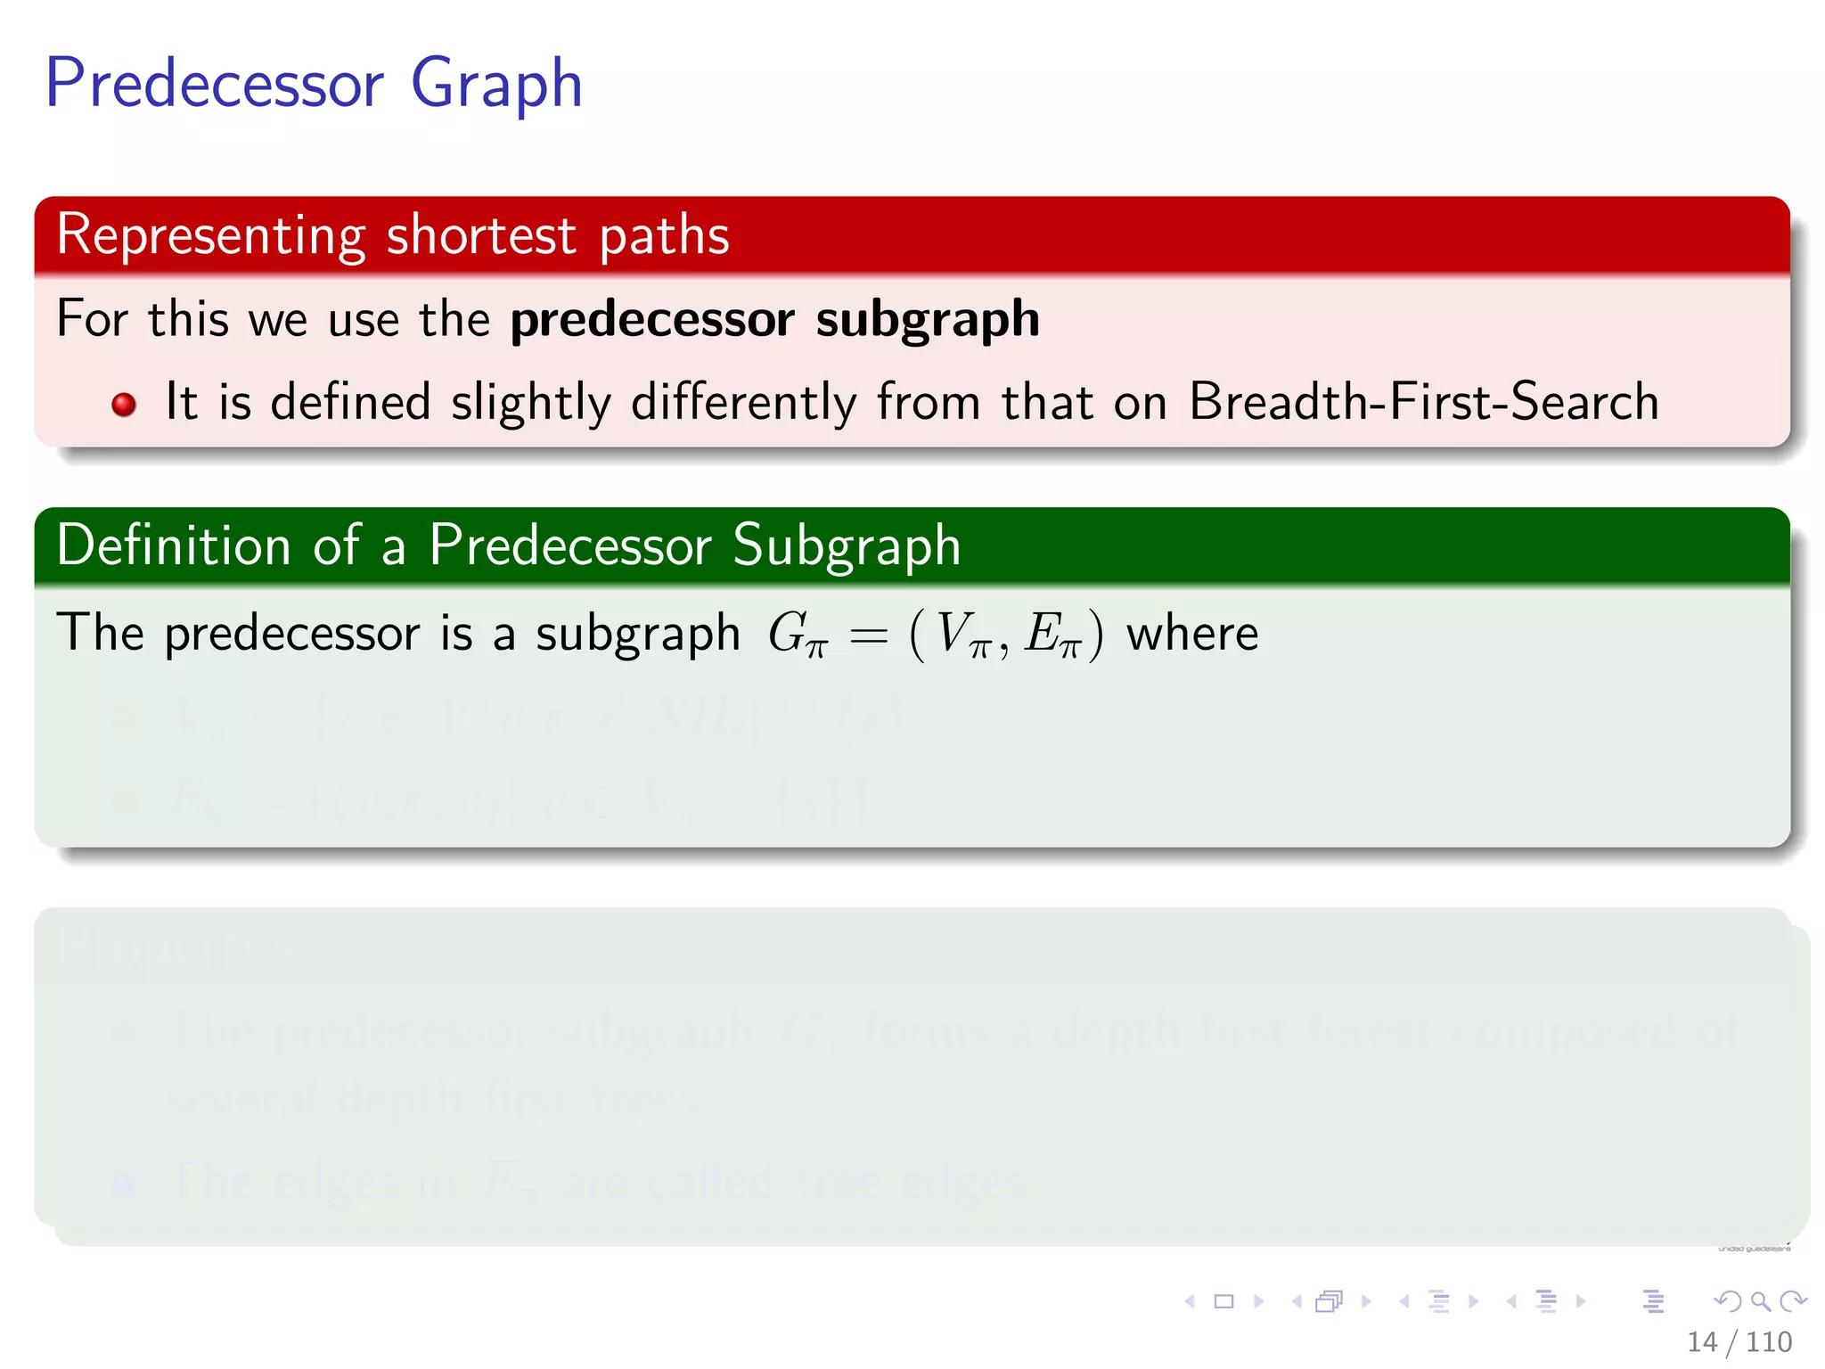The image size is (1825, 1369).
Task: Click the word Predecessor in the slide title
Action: (x=215, y=83)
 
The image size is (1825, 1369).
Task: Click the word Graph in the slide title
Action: (x=496, y=85)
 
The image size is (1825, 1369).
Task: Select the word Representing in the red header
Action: (x=211, y=236)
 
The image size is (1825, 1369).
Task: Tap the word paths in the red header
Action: (x=664, y=236)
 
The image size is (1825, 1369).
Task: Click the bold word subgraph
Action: (x=928, y=320)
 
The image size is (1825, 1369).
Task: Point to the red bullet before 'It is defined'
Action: (x=124, y=405)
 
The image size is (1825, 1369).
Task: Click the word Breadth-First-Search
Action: (x=1423, y=401)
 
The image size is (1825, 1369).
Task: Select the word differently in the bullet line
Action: (x=743, y=403)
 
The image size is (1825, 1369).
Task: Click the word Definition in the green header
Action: (x=174, y=545)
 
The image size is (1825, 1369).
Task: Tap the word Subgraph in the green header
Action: (x=847, y=545)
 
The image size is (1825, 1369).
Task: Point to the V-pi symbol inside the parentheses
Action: (x=964, y=635)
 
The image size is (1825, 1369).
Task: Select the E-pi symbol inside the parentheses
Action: (x=1052, y=635)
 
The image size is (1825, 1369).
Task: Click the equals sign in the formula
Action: (x=868, y=635)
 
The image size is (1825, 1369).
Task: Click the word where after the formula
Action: (x=1192, y=634)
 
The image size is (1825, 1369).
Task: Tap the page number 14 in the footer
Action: (x=1701, y=1341)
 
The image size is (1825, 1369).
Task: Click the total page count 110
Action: (x=1769, y=1341)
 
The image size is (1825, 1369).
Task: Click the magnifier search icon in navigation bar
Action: (x=1760, y=1301)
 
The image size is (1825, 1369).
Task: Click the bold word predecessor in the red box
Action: (x=652, y=320)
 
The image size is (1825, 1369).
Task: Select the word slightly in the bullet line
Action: (x=531, y=403)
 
